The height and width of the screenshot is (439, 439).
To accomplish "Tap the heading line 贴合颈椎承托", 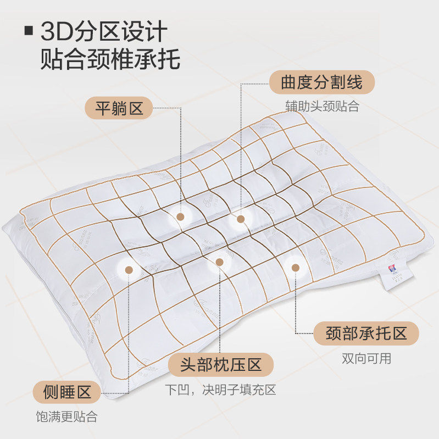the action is [x=110, y=59].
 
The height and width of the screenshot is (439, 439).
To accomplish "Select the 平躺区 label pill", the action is [x=119, y=108].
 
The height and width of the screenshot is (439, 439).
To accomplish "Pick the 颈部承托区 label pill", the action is [x=365, y=333].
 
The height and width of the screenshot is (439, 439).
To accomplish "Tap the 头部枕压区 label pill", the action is [x=220, y=364].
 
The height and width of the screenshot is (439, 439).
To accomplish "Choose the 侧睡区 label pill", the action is [x=67, y=392].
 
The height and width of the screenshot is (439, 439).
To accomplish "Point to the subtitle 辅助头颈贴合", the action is [x=322, y=106].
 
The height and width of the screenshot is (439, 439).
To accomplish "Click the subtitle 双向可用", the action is [x=366, y=359].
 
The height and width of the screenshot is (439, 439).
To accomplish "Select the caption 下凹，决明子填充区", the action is [x=220, y=390].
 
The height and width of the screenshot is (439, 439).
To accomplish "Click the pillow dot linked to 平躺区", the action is [x=180, y=216].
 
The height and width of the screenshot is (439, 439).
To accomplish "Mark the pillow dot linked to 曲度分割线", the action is [x=240, y=219].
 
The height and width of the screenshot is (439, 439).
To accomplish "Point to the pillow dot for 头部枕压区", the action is [x=220, y=262].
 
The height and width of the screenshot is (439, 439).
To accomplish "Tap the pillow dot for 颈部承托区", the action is [x=295, y=268].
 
